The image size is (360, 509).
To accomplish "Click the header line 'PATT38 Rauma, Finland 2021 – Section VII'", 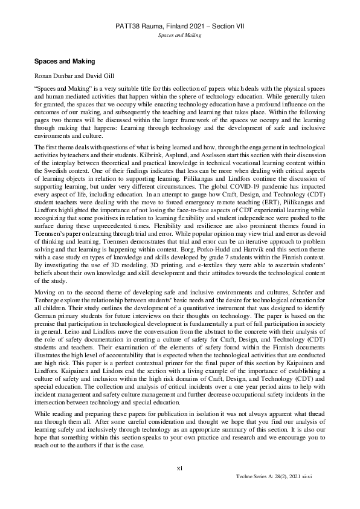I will [179, 27].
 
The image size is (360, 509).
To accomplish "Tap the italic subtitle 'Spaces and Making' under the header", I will [179, 36].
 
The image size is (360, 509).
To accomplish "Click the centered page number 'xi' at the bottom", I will [179, 467].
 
